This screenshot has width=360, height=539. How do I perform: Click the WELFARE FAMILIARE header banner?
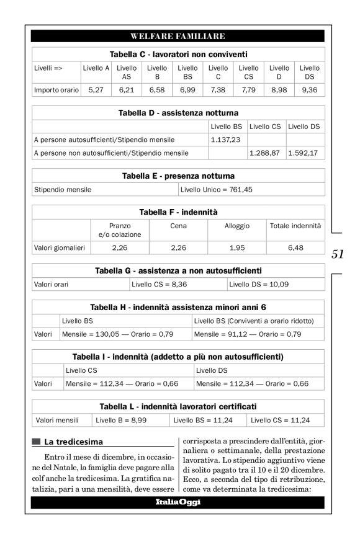point(179,36)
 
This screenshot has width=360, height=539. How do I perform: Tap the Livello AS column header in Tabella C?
point(126,72)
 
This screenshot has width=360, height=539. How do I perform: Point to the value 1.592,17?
point(304,152)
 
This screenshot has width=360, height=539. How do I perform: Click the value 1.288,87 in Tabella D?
point(265,152)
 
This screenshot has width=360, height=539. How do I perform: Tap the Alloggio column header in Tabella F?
point(236,227)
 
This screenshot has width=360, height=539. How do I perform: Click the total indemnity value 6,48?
point(295,248)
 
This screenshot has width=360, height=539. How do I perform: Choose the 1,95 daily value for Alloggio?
point(236,248)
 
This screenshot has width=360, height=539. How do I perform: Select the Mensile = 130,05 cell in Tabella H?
point(117,334)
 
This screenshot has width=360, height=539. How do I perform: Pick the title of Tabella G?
point(179,270)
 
